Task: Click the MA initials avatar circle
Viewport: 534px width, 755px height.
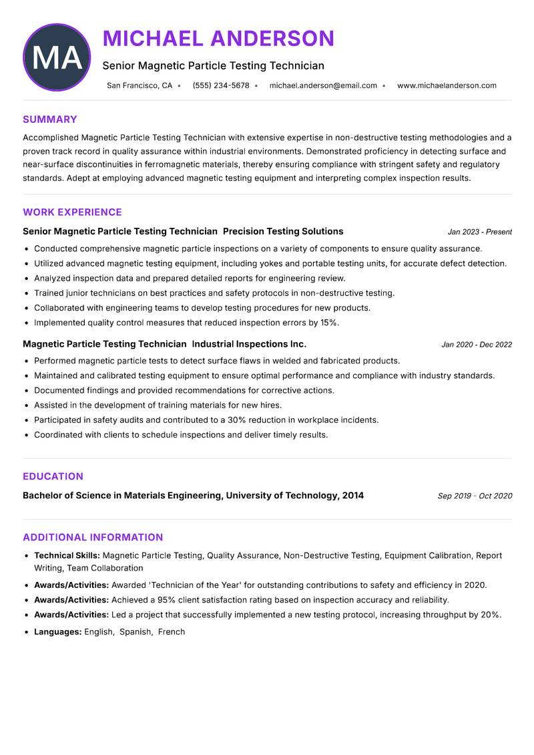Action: point(57,57)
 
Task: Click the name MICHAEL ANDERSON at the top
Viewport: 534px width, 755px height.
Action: point(218,39)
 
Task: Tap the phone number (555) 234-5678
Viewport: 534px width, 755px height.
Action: point(221,86)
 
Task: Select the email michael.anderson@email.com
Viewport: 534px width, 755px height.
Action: point(323,86)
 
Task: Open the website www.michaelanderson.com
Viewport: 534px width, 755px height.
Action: point(447,86)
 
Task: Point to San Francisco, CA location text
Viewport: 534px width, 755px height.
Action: point(140,86)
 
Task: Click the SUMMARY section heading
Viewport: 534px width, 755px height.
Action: point(50,120)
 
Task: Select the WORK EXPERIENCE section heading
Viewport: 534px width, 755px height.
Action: point(72,212)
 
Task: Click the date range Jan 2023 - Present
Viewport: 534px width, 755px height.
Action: point(479,232)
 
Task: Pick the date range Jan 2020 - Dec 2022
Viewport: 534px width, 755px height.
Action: point(477,345)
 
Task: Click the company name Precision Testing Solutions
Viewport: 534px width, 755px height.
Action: point(283,231)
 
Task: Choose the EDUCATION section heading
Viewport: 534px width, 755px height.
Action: point(53,476)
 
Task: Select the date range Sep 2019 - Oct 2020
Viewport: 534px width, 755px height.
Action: point(475,496)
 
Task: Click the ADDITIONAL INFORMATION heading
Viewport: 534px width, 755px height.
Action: point(93,537)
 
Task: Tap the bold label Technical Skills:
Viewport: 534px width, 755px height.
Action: point(67,555)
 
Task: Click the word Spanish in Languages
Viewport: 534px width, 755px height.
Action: point(136,631)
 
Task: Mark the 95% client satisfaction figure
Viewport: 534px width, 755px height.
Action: point(168,600)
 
